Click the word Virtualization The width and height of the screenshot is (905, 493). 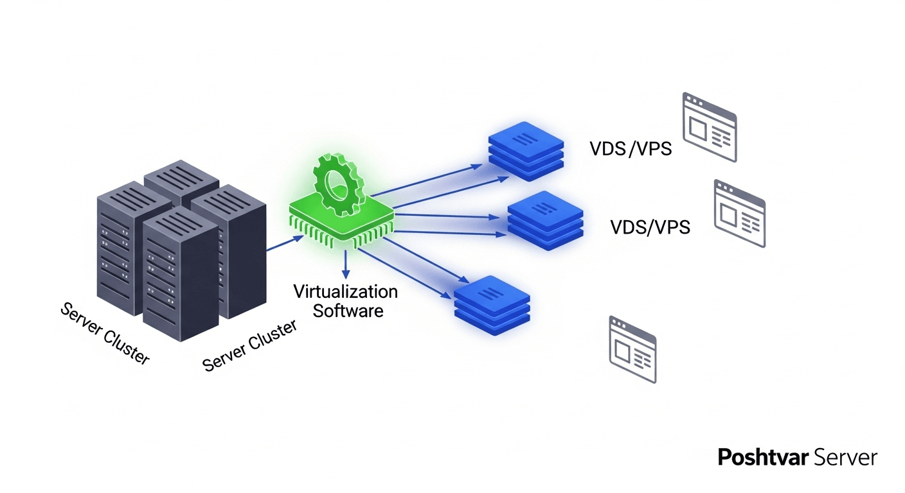[x=345, y=291]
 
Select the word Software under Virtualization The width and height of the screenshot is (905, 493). [x=345, y=311]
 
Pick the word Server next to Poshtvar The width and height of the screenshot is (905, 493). [x=845, y=458]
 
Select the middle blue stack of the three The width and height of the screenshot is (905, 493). [x=546, y=220]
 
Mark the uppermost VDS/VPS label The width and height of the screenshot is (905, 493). [x=631, y=149]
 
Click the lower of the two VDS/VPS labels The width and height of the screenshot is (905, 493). [x=650, y=227]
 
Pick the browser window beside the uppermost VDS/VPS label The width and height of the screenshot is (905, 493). [x=710, y=126]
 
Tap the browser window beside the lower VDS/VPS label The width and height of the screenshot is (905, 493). [x=739, y=213]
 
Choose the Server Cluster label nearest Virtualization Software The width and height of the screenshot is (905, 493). [x=249, y=346]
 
